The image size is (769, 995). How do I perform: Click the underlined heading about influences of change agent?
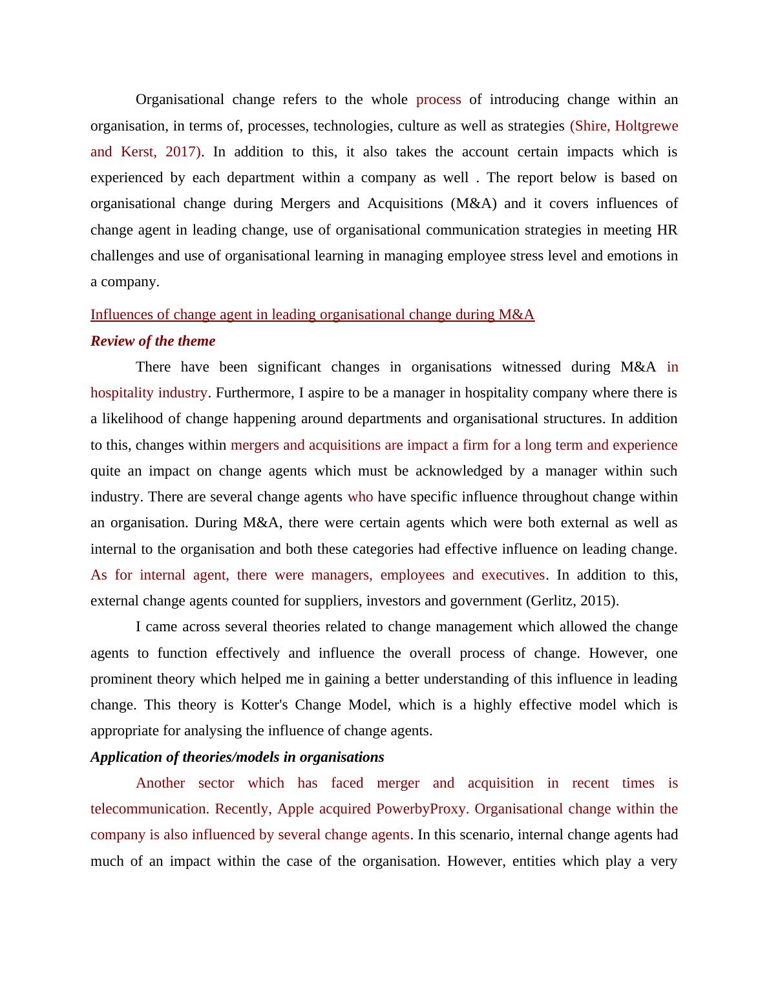click(x=312, y=315)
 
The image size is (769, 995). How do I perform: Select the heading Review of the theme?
click(x=153, y=341)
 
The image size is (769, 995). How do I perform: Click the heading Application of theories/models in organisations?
click(x=237, y=757)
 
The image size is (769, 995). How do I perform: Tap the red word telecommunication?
click(x=149, y=809)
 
